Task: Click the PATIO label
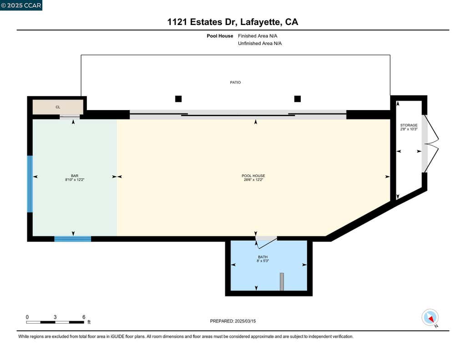(x=235, y=82)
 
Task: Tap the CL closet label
(x=58, y=107)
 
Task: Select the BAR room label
(x=75, y=176)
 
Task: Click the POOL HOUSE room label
(x=253, y=176)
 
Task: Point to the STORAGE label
(x=409, y=125)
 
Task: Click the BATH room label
(x=263, y=257)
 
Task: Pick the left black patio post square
(x=178, y=99)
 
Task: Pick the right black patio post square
(x=298, y=99)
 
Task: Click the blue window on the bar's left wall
(x=30, y=184)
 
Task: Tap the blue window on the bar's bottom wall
(x=73, y=239)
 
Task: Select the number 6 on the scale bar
(x=84, y=317)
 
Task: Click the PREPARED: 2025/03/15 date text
(x=233, y=321)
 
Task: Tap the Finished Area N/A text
(x=258, y=36)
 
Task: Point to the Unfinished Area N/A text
(x=260, y=43)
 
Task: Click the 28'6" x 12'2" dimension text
(x=253, y=180)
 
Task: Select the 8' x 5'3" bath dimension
(x=263, y=261)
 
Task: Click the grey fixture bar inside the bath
(x=282, y=282)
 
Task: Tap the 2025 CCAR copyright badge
(x=21, y=5)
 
